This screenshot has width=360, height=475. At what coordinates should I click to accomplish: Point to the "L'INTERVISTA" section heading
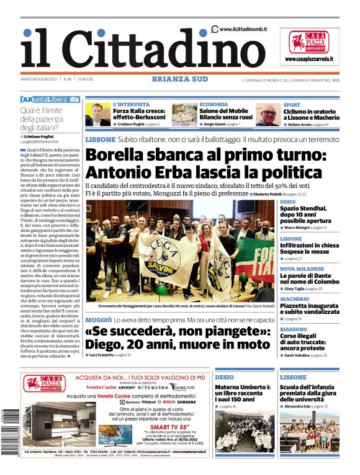[x=131, y=105]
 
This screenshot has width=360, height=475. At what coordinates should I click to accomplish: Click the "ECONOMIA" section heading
[x=214, y=105]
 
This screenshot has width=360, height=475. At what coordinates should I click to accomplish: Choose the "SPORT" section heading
[x=292, y=105]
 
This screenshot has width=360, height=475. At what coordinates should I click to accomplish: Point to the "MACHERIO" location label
[x=295, y=298]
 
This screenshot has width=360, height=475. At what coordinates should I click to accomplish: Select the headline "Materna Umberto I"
[x=243, y=388]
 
